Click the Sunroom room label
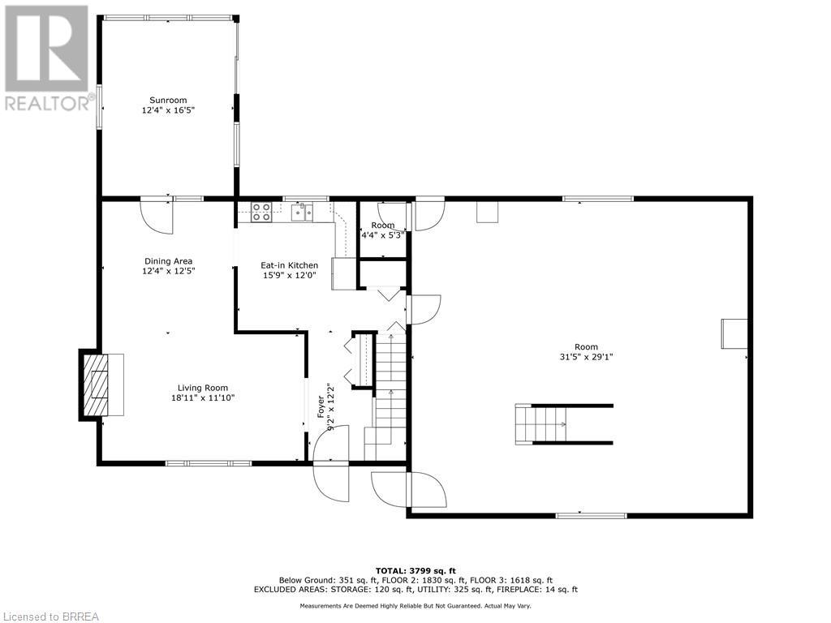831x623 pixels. click(x=168, y=100)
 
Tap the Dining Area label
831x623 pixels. click(x=168, y=261)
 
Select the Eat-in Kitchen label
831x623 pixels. click(x=289, y=265)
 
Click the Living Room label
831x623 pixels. click(x=204, y=388)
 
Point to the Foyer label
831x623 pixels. click(x=321, y=410)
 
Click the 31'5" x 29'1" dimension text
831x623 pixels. click(x=586, y=356)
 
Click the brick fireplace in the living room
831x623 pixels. click(x=96, y=385)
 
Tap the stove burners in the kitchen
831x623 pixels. click(x=261, y=212)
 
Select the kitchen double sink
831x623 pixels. click(x=302, y=212)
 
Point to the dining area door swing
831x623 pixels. click(x=155, y=215)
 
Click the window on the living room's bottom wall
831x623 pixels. click(x=209, y=463)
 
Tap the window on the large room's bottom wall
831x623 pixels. click(x=591, y=515)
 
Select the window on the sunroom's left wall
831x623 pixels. click(x=100, y=105)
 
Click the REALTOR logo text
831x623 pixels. click(x=49, y=103)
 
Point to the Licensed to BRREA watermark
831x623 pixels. click(x=50, y=617)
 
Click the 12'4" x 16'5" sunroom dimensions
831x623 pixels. click(x=168, y=110)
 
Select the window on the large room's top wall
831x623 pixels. click(x=598, y=198)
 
